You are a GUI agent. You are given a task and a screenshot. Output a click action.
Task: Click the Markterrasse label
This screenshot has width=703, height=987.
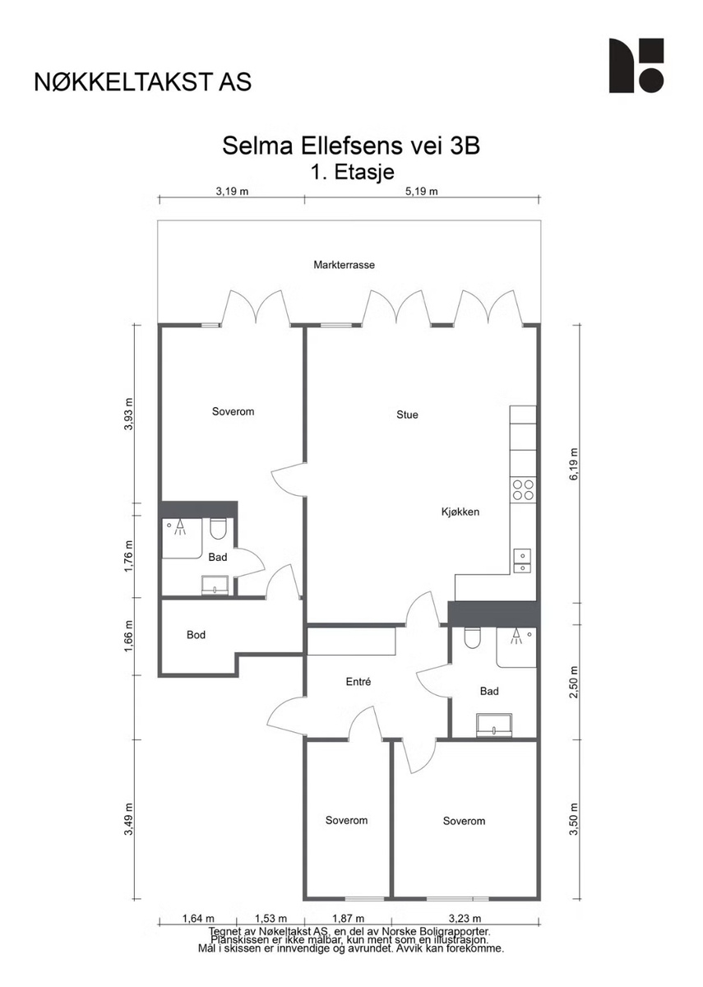click(x=344, y=265)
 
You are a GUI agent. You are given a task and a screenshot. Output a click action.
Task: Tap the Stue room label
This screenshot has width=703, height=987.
click(x=407, y=415)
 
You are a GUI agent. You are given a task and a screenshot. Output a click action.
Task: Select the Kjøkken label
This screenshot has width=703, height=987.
click(x=460, y=512)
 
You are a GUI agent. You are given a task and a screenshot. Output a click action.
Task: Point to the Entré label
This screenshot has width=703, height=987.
click(x=358, y=682)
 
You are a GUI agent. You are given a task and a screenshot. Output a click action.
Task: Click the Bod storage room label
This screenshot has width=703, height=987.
click(x=196, y=635)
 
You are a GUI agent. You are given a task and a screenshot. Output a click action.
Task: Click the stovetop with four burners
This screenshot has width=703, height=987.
click(x=523, y=490)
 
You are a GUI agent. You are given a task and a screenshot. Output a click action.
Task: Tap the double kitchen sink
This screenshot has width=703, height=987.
click(x=522, y=561)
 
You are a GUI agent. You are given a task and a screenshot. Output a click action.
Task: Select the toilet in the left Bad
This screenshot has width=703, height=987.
click(x=218, y=529)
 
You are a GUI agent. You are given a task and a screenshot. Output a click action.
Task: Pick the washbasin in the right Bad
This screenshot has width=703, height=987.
click(x=494, y=725)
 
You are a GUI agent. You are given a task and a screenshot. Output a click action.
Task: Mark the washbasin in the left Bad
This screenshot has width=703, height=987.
click(x=215, y=586)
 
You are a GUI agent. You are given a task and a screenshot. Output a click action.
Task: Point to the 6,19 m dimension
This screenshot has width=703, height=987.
click(x=573, y=464)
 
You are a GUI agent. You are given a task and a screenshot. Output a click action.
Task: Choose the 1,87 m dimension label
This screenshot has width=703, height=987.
click(x=348, y=919)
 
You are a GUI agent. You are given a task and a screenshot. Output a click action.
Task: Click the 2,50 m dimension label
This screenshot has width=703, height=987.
click(x=573, y=682)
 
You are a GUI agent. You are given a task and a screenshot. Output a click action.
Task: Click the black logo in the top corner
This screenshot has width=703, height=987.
click(x=636, y=66)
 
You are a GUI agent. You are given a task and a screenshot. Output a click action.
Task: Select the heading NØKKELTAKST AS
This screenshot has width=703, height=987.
click(x=143, y=82)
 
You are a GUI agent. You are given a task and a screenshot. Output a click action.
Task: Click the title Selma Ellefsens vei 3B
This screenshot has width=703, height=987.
click(x=351, y=146)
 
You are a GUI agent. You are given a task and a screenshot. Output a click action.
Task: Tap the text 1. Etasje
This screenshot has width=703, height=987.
click(x=353, y=172)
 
